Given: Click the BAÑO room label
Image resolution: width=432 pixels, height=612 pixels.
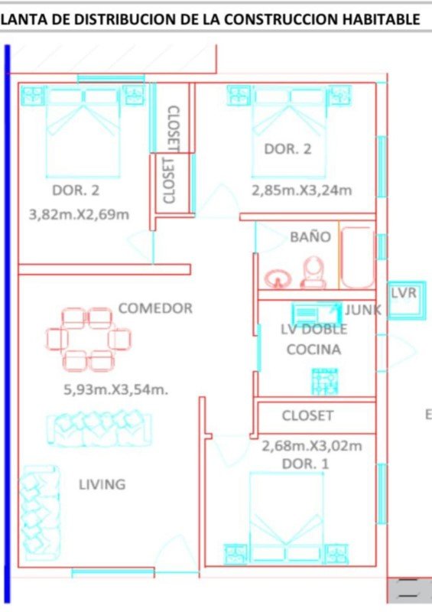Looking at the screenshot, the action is (310, 236).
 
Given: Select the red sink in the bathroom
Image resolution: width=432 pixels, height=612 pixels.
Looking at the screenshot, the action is (278, 278).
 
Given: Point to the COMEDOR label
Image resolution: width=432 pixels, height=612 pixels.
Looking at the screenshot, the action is (155, 308).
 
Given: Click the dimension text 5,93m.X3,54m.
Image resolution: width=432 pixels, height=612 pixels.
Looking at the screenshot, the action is (116, 389).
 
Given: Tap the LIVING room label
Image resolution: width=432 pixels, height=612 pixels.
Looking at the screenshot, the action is (102, 484).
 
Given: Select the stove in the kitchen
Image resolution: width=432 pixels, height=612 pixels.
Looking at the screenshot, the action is (325, 381).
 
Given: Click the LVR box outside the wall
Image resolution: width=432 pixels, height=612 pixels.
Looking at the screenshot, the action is (407, 300).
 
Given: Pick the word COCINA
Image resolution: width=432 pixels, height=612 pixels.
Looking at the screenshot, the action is (313, 349).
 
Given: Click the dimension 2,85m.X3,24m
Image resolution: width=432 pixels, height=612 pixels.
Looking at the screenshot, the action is (302, 190).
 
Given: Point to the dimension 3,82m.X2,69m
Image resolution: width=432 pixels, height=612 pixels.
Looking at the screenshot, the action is (79, 214).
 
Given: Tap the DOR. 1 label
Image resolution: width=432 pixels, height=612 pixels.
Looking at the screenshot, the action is (306, 464).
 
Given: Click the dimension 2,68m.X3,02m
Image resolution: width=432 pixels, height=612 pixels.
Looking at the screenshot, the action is (312, 445).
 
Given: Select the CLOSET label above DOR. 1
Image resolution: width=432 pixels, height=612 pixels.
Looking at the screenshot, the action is (308, 415).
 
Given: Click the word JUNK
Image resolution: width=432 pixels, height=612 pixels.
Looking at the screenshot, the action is (362, 310).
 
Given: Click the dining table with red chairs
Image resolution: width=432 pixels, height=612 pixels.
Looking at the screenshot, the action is (88, 339).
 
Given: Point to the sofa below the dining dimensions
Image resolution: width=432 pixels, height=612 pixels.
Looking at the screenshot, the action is (99, 428).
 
